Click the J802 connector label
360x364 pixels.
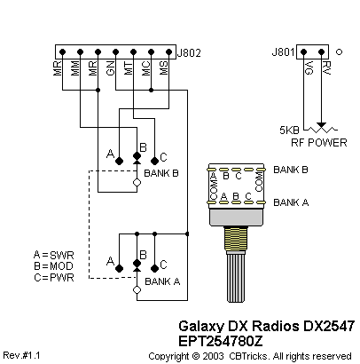click(x=189, y=52)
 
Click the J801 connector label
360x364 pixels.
click(x=284, y=52)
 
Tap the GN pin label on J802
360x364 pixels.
click(x=110, y=68)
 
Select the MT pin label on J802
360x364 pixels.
click(x=128, y=68)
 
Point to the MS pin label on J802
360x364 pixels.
click(x=163, y=68)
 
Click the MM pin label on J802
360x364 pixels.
click(x=74, y=68)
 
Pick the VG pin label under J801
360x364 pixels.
click(x=309, y=68)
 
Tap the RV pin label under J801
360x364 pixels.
click(x=326, y=68)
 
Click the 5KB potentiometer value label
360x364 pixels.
click(x=289, y=130)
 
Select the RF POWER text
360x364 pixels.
click(x=319, y=143)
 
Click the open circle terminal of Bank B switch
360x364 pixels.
click(x=137, y=183)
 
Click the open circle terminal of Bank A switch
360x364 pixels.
click(x=137, y=290)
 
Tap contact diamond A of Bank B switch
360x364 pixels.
click(x=119, y=161)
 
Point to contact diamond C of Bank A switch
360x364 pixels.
click(x=154, y=268)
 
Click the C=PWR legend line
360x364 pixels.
click(x=54, y=278)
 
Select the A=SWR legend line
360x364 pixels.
click(x=54, y=255)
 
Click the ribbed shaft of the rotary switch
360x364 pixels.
click(x=236, y=278)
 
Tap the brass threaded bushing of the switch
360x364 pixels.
click(x=236, y=239)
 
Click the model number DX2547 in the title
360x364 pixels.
click(x=329, y=326)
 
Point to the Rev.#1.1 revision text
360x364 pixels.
click(x=21, y=355)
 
